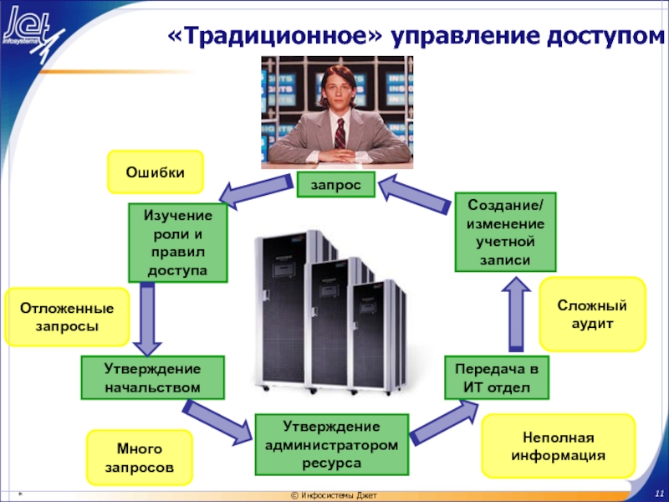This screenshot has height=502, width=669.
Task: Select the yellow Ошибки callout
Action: coord(156,172)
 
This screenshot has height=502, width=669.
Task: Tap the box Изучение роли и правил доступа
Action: coord(178,243)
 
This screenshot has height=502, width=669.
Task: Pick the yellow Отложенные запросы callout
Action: coord(67,317)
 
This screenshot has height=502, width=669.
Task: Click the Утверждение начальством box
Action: coord(153,377)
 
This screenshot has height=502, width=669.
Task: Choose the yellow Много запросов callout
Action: coord(140,458)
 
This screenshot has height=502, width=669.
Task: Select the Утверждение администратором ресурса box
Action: coord(333,444)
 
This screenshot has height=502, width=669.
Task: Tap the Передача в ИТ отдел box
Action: coord(497,377)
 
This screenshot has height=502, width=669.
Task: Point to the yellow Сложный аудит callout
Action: coord(592,314)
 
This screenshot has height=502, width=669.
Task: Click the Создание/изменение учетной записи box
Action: coord(504,232)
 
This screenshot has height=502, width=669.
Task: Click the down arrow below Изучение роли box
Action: coord(147,318)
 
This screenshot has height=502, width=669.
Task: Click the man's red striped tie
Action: coord(340,133)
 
